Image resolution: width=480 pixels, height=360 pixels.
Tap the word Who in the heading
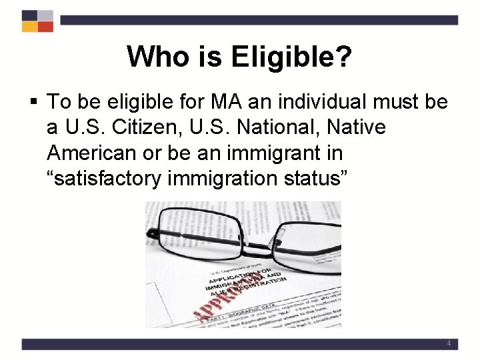pos(153,57)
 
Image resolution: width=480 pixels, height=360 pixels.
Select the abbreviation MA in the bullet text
pos(227,102)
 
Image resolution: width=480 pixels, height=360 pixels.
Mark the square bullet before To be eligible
pos(34,103)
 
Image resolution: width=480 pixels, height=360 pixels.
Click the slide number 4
pos(449,344)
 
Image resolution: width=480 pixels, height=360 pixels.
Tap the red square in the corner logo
pos(45,27)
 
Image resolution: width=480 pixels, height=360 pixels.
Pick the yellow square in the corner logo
pos(30,27)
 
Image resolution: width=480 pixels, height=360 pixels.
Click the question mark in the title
pos(342,57)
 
